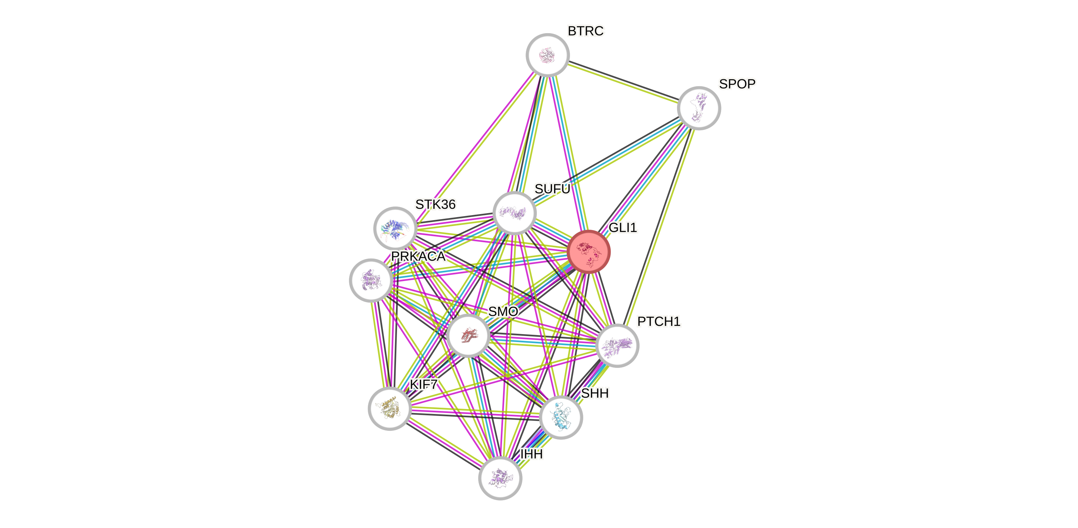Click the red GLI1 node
(x=589, y=252)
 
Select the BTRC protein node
(x=547, y=55)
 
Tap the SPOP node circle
(x=699, y=108)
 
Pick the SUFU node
(x=514, y=213)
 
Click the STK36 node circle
(x=395, y=228)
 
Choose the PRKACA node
(x=371, y=280)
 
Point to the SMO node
(x=468, y=336)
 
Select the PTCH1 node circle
(x=617, y=345)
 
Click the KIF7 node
(x=390, y=408)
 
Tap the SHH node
(x=561, y=417)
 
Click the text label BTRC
(x=586, y=31)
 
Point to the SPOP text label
(x=737, y=84)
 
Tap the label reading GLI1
(x=623, y=228)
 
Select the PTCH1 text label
(x=659, y=322)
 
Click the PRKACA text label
(x=418, y=256)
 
